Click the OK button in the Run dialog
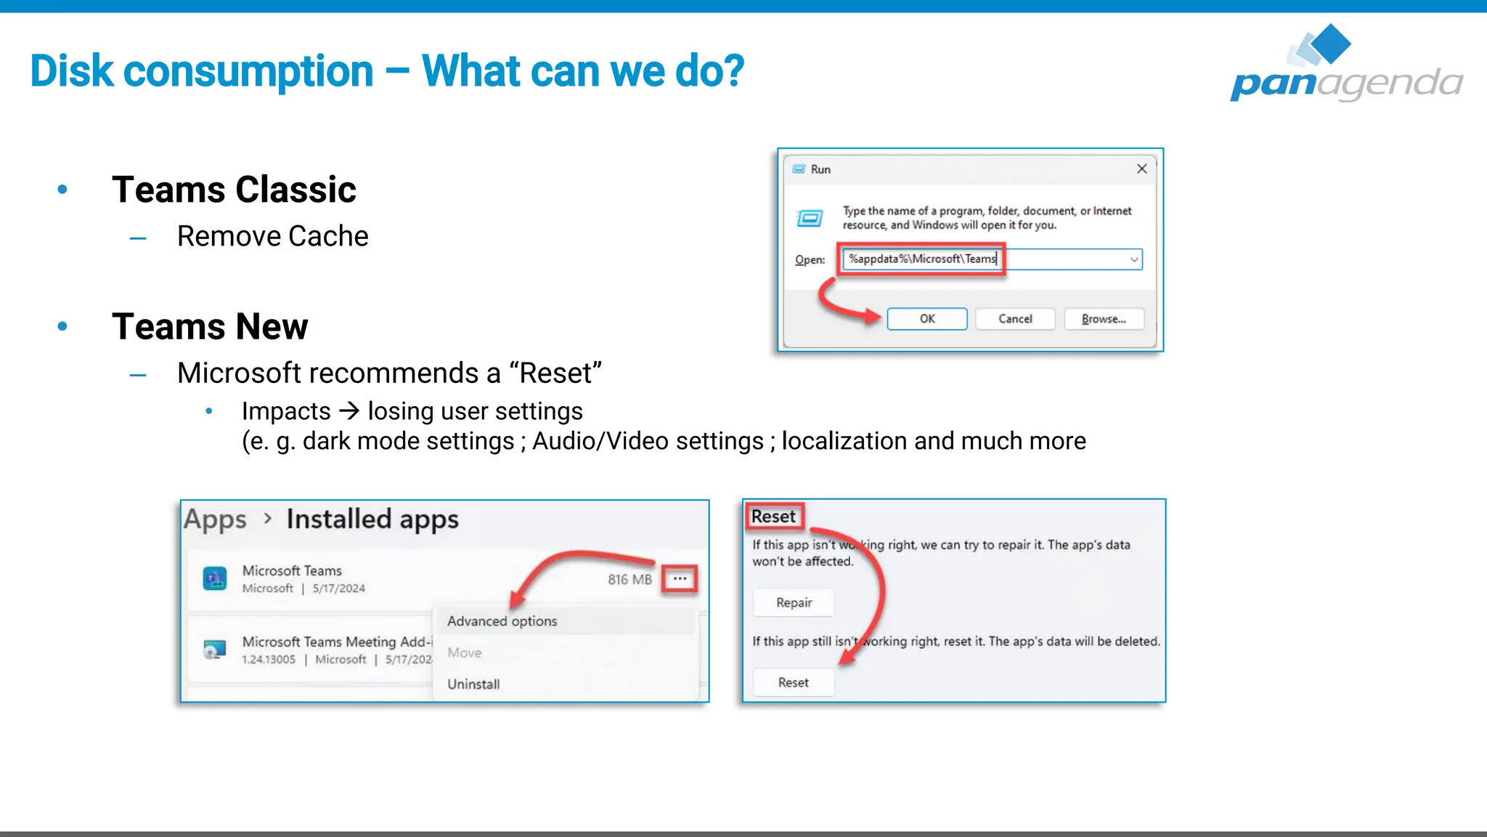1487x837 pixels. (926, 319)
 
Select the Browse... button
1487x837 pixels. (1104, 319)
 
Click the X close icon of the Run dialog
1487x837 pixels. (1141, 169)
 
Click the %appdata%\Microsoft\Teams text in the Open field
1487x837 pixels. (922, 259)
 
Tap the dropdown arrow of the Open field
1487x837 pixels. (1133, 259)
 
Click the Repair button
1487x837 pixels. (794, 602)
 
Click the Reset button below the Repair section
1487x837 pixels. (793, 682)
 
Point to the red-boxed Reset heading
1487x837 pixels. (773, 517)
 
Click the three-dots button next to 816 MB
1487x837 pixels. (680, 579)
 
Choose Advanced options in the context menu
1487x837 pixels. (502, 621)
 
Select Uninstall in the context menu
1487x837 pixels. (473, 684)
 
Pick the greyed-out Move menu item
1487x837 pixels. (465, 652)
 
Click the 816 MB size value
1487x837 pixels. (630, 579)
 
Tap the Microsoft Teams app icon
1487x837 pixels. (214, 578)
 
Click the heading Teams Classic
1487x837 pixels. (234, 190)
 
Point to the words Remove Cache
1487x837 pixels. (272, 236)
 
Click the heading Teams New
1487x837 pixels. (210, 326)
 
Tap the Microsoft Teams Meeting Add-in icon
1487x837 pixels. (214, 649)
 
